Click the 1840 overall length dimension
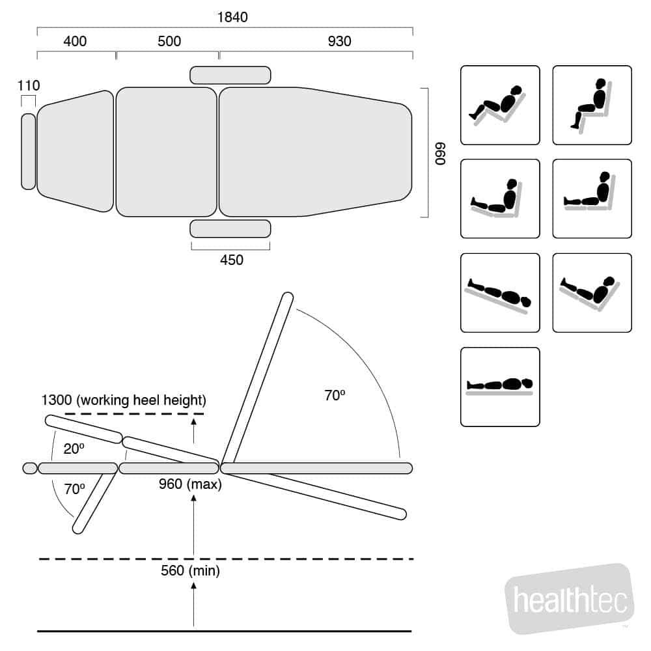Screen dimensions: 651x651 232,17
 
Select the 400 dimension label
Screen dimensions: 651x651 75,41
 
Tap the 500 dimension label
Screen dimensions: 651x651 169,41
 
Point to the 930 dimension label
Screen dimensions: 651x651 340,41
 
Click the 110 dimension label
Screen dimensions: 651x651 29,85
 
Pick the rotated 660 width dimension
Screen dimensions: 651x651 440,153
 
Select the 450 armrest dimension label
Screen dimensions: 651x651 232,260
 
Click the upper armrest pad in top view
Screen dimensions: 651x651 230,75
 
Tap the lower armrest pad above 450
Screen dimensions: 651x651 230,229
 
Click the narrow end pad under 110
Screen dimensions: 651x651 29,152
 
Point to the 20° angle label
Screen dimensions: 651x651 74,449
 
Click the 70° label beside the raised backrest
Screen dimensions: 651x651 335,395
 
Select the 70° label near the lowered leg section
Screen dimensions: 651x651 74,489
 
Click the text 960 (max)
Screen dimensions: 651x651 190,484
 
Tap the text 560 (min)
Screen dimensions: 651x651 190,571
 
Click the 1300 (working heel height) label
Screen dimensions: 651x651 124,400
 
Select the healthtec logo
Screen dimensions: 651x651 570,598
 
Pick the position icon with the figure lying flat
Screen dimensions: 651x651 500,387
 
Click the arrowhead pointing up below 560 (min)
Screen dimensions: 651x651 193,585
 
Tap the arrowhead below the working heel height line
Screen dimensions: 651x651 193,422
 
